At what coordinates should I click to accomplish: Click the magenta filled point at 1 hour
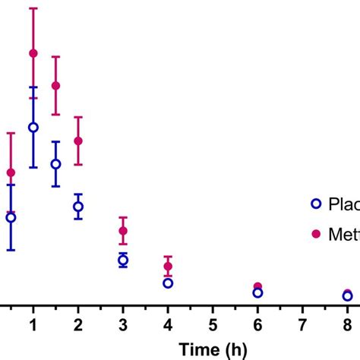tap(33, 53)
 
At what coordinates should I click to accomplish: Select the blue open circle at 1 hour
tap(33, 128)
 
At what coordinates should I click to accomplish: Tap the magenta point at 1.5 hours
tap(55, 86)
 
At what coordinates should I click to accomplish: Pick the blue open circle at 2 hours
tap(78, 207)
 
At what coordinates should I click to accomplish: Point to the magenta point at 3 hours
tap(123, 231)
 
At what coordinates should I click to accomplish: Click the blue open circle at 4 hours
tap(168, 283)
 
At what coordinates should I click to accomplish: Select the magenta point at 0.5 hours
tap(11, 172)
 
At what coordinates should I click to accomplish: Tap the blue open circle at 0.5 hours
tap(11, 217)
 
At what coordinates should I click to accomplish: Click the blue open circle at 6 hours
tap(257, 292)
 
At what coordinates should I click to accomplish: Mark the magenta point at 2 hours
tap(78, 141)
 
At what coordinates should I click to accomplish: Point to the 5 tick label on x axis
tap(213, 324)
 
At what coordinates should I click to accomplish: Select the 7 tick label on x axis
tap(302, 324)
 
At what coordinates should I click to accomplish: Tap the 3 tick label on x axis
tap(123, 324)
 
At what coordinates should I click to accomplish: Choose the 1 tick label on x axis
tap(33, 324)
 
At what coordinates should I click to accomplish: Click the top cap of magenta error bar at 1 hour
tap(33, 8)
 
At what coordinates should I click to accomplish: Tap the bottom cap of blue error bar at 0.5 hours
tap(11, 249)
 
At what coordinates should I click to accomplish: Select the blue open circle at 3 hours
tap(123, 261)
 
